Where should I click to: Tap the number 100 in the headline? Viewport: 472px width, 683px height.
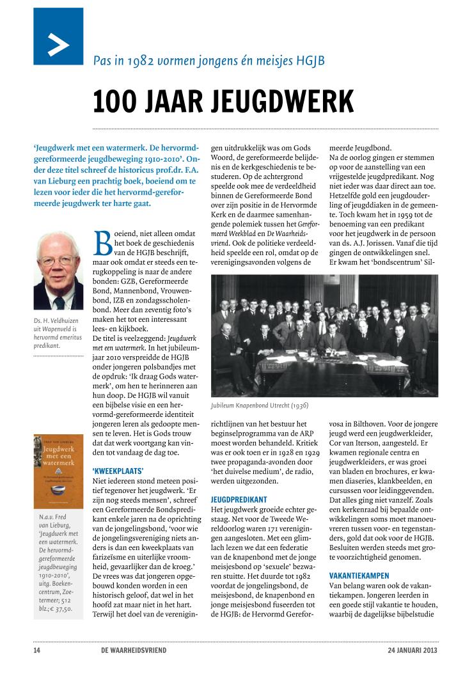coord(116,101)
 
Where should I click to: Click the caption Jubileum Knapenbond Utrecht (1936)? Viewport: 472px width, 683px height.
coord(261,405)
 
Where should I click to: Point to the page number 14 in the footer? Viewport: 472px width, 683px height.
coord(37,651)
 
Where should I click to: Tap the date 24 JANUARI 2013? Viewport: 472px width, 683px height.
coord(412,651)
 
